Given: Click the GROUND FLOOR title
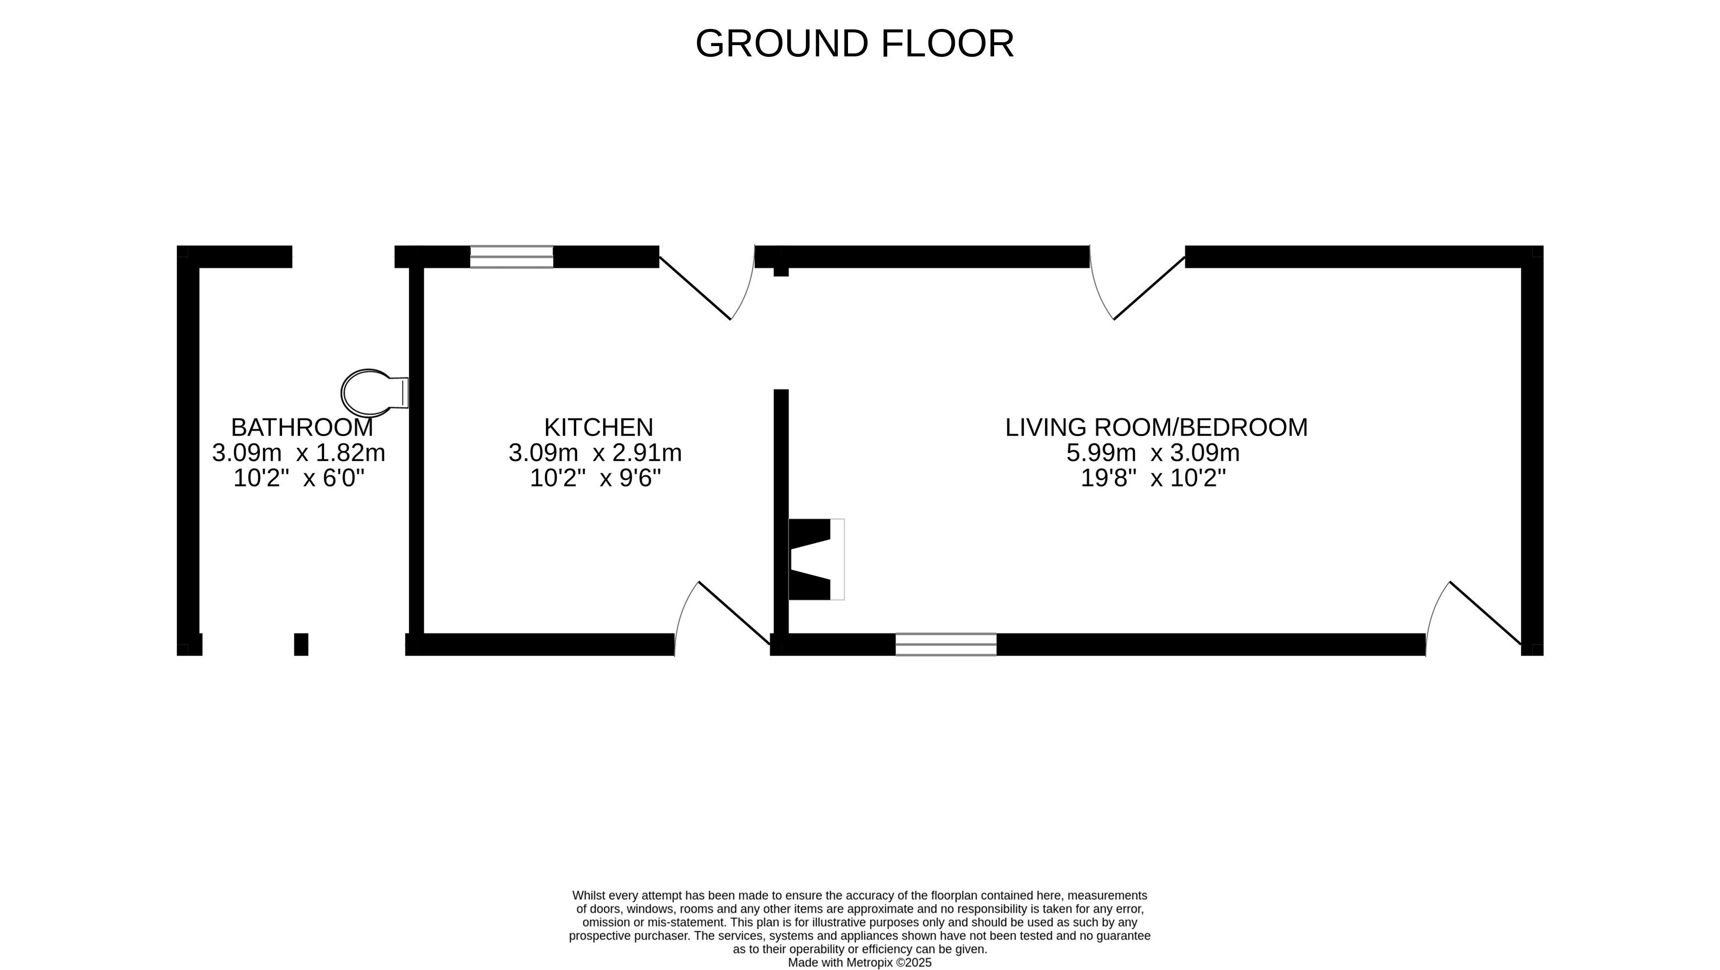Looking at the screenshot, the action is point(855,44).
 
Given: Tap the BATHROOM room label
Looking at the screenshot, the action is point(302,427).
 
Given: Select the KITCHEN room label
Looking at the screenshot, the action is point(598,427).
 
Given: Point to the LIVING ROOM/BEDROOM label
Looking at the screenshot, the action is point(1156,427).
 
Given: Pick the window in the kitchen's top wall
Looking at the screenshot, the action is point(512,257).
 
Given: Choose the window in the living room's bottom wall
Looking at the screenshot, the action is point(946,645).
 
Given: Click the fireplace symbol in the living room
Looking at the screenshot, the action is point(816,560).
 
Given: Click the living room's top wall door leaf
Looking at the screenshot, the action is point(1149,288).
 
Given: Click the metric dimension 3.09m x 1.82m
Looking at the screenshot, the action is point(299,453).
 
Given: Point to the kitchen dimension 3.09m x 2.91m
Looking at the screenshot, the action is point(595,453).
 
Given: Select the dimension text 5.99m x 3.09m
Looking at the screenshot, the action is point(1153,453).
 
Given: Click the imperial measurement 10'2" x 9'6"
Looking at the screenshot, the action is point(595,479).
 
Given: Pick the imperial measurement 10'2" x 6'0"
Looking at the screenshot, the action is point(299,479).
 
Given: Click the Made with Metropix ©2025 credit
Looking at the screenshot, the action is point(859,963).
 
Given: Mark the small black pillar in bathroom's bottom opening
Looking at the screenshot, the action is point(301,644).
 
